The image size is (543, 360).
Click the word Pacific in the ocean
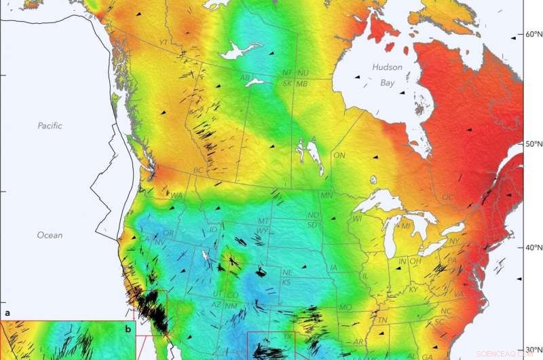pyautogui.click(x=50, y=126)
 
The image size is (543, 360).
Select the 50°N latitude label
pyautogui.click(x=527, y=144)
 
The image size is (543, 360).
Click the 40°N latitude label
pyautogui.click(x=527, y=248)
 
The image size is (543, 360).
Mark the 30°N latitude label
pyautogui.click(x=527, y=350)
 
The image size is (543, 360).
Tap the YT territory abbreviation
pyautogui.click(x=163, y=42)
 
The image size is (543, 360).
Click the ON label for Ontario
pyautogui.click(x=339, y=156)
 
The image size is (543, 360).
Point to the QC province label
pyautogui.click(x=447, y=197)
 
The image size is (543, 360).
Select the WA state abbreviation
pyautogui.click(x=176, y=196)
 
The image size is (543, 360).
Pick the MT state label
pyautogui.click(x=263, y=221)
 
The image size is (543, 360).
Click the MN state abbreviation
pyautogui.click(x=326, y=196)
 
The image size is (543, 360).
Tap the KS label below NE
pyautogui.click(x=286, y=282)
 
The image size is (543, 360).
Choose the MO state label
pyautogui.click(x=345, y=307)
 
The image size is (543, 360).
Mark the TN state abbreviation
pyautogui.click(x=383, y=321)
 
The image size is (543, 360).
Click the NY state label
pyautogui.click(x=454, y=241)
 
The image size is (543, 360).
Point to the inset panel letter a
pyautogui.click(x=7, y=314)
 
